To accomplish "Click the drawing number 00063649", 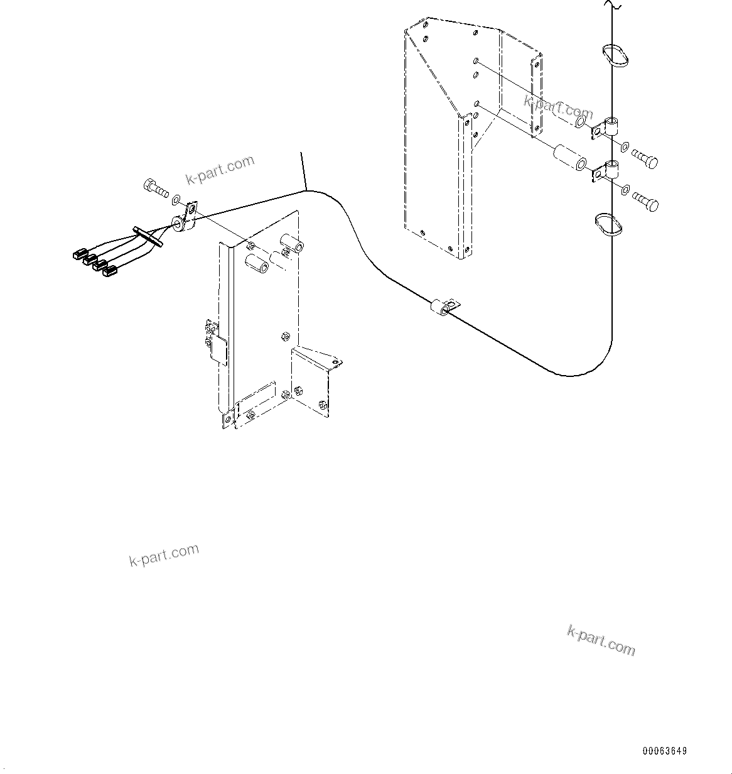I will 664,751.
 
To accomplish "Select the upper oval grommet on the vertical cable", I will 614,55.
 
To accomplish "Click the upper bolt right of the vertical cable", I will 645,159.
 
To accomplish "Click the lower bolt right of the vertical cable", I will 645,201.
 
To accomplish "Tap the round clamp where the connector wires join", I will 181,221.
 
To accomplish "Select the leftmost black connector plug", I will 79,254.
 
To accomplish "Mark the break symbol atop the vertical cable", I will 613,6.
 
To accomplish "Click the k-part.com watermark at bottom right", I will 601,640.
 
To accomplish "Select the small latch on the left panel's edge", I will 215,342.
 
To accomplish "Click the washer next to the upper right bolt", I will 625,147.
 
